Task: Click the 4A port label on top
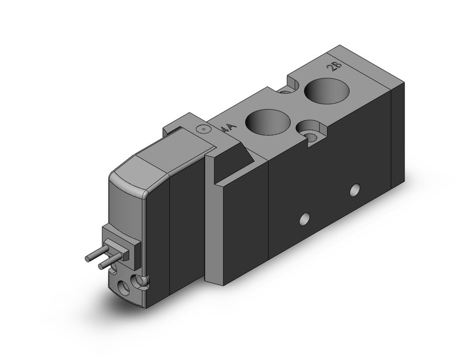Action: [x=227, y=129]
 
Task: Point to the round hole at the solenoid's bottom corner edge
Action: [x=143, y=281]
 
